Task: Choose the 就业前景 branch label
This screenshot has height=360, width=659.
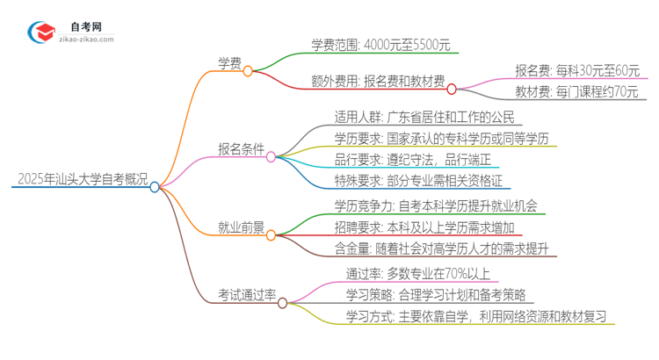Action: coord(242,227)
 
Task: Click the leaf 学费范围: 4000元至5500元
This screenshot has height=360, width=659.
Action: coord(380,46)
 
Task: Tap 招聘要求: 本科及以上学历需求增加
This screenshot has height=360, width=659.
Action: coord(428,228)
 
